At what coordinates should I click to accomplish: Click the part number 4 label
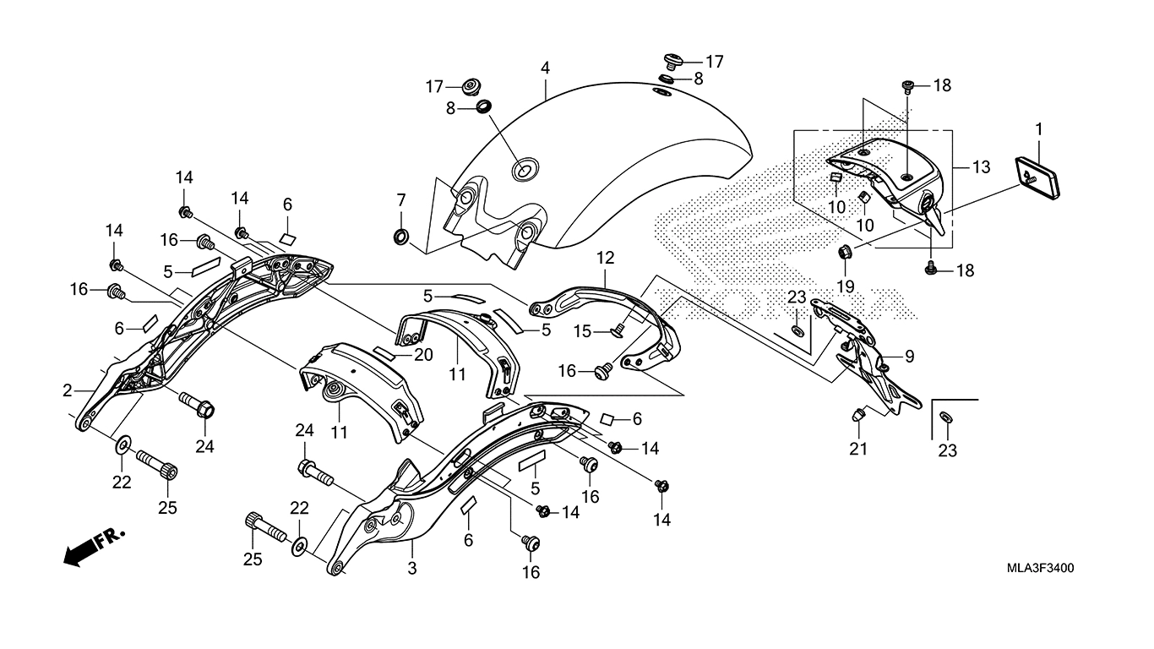(546, 67)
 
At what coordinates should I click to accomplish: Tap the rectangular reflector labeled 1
(1034, 177)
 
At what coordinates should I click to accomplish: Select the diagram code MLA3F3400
(1040, 569)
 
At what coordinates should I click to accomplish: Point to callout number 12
(606, 256)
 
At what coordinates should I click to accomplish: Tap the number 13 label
(980, 167)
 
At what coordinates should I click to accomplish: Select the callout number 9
(909, 357)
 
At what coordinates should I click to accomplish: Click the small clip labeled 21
(858, 416)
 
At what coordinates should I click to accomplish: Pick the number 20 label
(423, 355)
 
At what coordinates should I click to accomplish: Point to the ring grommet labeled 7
(402, 234)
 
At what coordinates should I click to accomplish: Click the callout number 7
(401, 200)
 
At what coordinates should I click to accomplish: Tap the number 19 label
(846, 287)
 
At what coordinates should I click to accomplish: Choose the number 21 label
(858, 450)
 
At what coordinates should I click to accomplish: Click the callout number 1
(1038, 129)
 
